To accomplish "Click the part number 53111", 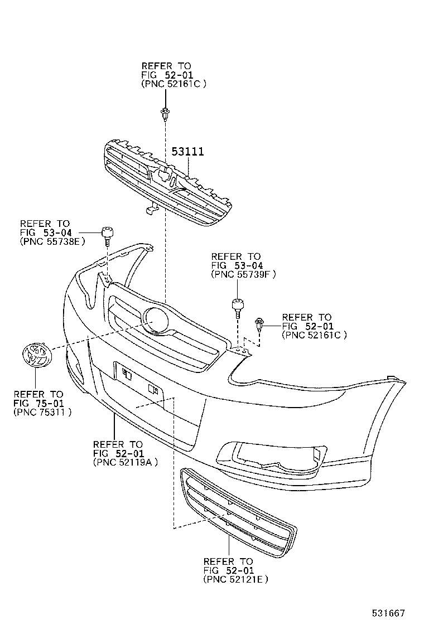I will tap(187, 152).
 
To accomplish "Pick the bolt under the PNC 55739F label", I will tap(238, 308).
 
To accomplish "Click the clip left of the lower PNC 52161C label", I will tap(260, 324).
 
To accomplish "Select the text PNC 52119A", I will tap(126, 462).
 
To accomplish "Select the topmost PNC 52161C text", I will tap(174, 84).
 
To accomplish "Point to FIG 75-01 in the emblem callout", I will tap(38, 403).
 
